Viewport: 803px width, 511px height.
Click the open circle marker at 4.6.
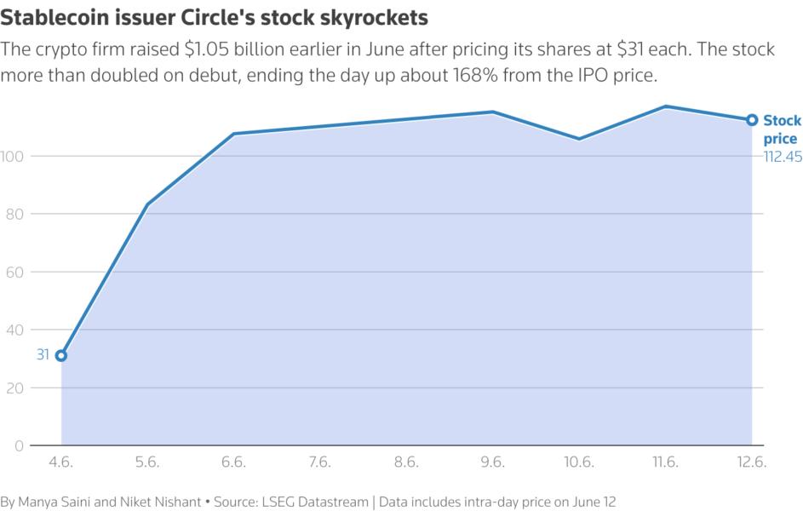[x=61, y=355]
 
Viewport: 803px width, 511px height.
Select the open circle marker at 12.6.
[x=752, y=120]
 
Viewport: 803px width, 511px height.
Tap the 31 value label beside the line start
[x=43, y=355]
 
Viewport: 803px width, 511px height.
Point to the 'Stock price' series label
[x=781, y=129]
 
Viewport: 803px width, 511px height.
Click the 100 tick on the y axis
[x=14, y=156]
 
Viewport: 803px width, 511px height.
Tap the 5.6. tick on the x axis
[x=147, y=462]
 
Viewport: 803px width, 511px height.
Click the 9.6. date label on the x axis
[x=492, y=462]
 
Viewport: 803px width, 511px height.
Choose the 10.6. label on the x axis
[x=579, y=462]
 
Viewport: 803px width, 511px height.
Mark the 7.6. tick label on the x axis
[x=319, y=462]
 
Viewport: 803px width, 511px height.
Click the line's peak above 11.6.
[x=665, y=106]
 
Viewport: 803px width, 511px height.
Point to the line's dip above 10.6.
[x=579, y=139]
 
